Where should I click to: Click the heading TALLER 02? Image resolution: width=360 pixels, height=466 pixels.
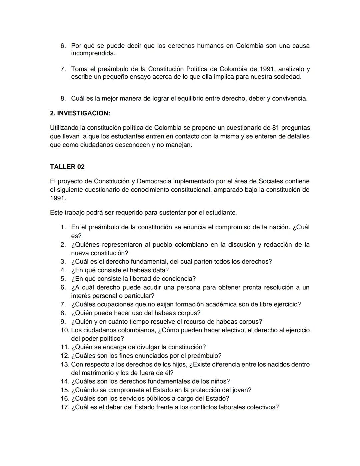point(67,167)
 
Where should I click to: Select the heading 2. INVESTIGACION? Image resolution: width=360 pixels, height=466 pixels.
point(80,113)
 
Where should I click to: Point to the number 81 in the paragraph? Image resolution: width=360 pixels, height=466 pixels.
point(275,128)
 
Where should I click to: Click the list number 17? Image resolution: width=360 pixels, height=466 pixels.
point(65,407)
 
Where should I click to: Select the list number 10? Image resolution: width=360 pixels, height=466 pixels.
point(65,330)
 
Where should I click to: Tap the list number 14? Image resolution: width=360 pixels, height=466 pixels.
point(65,381)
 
